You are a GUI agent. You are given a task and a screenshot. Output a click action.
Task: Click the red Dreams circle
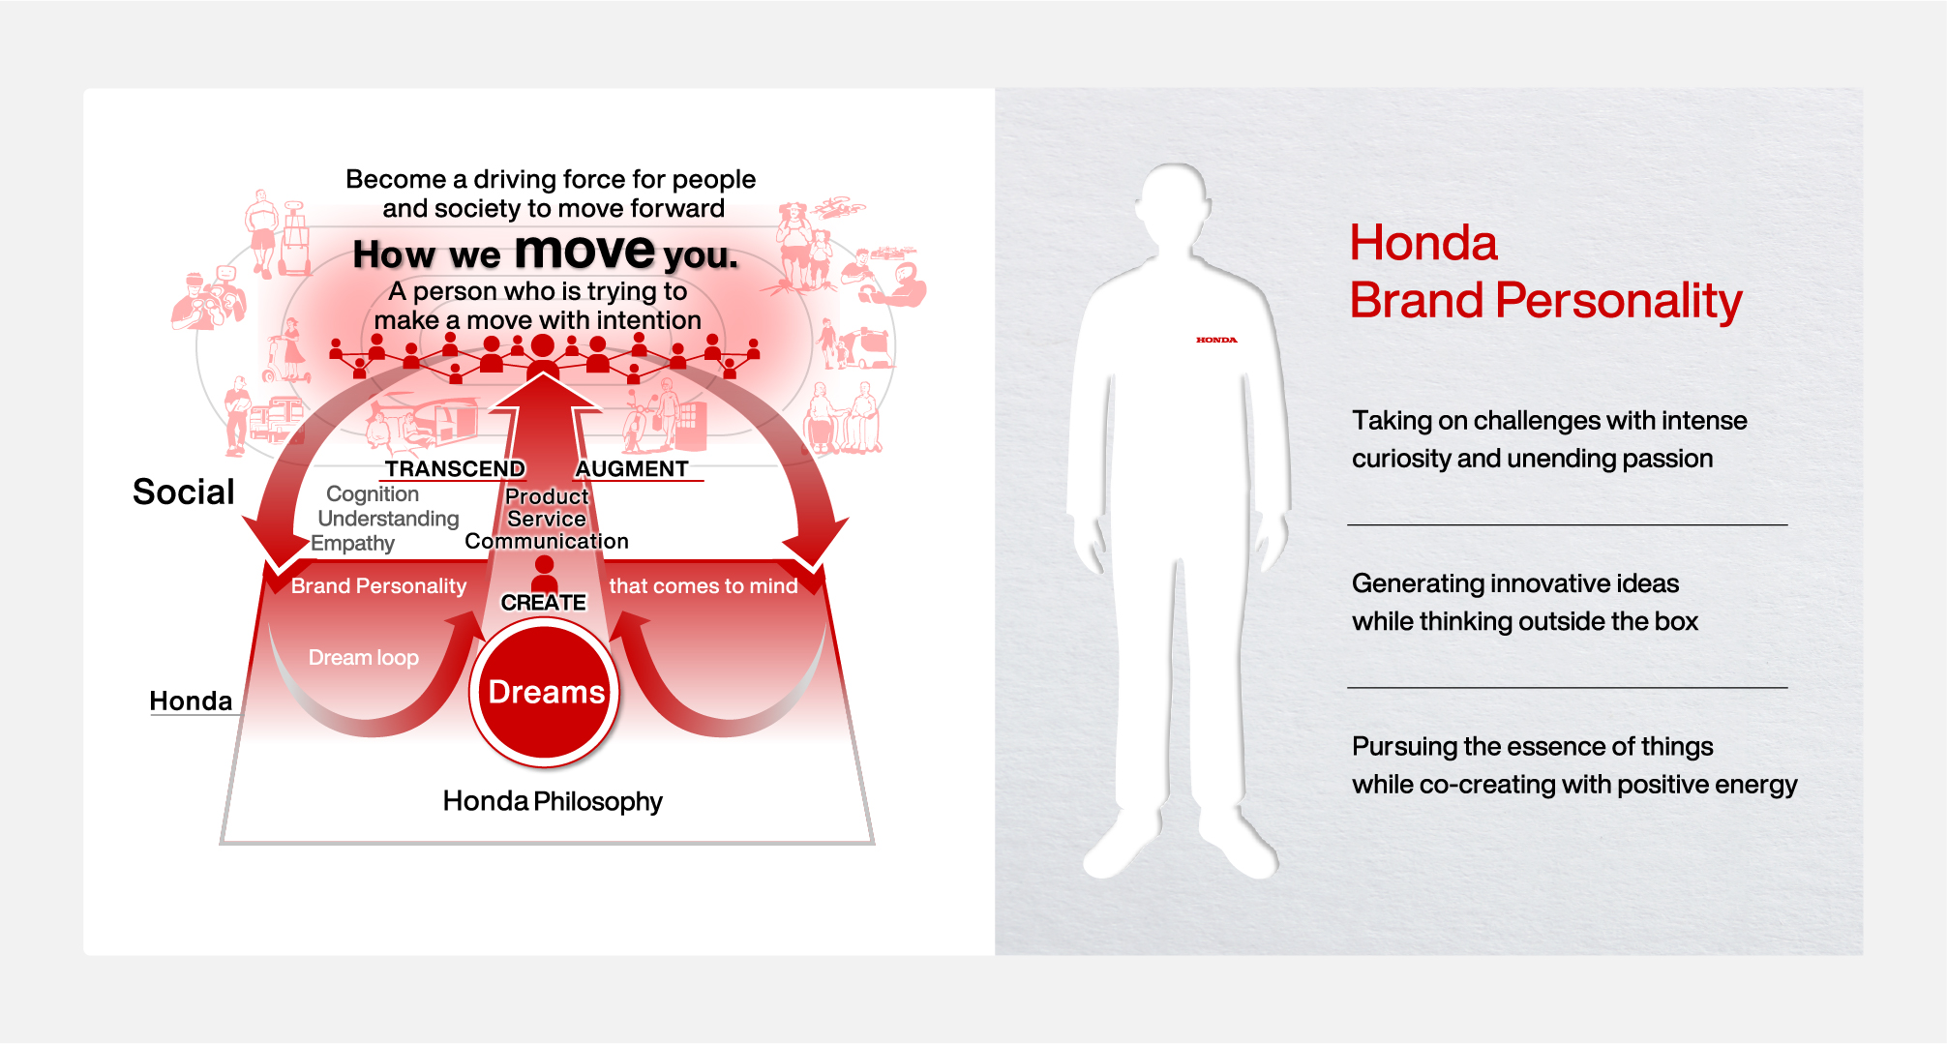click(x=545, y=693)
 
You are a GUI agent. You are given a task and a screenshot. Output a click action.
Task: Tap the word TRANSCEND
click(x=455, y=469)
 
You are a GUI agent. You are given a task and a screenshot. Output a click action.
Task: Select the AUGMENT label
click(x=632, y=469)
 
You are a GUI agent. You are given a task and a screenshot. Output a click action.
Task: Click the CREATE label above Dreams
click(x=543, y=603)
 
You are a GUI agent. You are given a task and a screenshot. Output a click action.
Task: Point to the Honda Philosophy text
click(x=553, y=801)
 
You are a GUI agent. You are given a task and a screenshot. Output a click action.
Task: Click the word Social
click(x=184, y=492)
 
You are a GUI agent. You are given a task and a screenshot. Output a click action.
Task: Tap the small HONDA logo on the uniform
click(x=1216, y=340)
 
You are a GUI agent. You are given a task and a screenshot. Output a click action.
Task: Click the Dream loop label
click(x=363, y=658)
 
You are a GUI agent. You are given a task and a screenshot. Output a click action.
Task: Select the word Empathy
click(x=352, y=544)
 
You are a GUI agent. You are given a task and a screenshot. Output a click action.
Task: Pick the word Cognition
click(x=373, y=494)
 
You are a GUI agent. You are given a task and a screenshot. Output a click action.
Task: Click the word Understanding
click(x=388, y=519)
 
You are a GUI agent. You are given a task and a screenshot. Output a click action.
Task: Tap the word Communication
click(x=547, y=542)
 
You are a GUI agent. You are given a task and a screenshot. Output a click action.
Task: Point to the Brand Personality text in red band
click(x=378, y=586)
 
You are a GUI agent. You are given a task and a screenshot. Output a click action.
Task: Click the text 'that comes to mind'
click(x=704, y=586)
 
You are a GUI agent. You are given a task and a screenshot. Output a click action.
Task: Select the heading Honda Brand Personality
click(x=1544, y=272)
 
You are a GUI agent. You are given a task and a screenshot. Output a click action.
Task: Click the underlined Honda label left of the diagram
click(x=191, y=701)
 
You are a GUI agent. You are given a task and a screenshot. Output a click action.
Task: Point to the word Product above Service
click(x=547, y=496)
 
